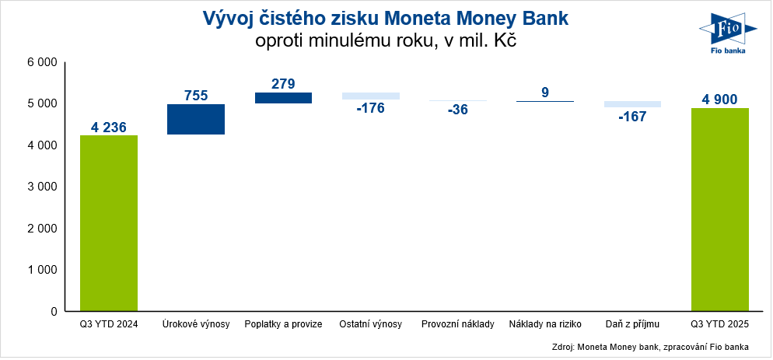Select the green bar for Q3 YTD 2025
click(720, 209)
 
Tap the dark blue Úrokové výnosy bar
click(196, 120)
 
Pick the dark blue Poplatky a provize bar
click(283, 98)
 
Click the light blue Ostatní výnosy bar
click(371, 96)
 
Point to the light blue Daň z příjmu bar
click(632, 104)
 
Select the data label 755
click(196, 96)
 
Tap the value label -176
click(371, 108)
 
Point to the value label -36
click(458, 110)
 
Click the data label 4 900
click(720, 100)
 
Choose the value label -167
click(632, 116)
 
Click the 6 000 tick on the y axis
click(42, 62)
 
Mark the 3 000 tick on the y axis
click(42, 187)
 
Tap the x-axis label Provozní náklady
click(458, 323)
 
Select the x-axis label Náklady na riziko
click(545, 323)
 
